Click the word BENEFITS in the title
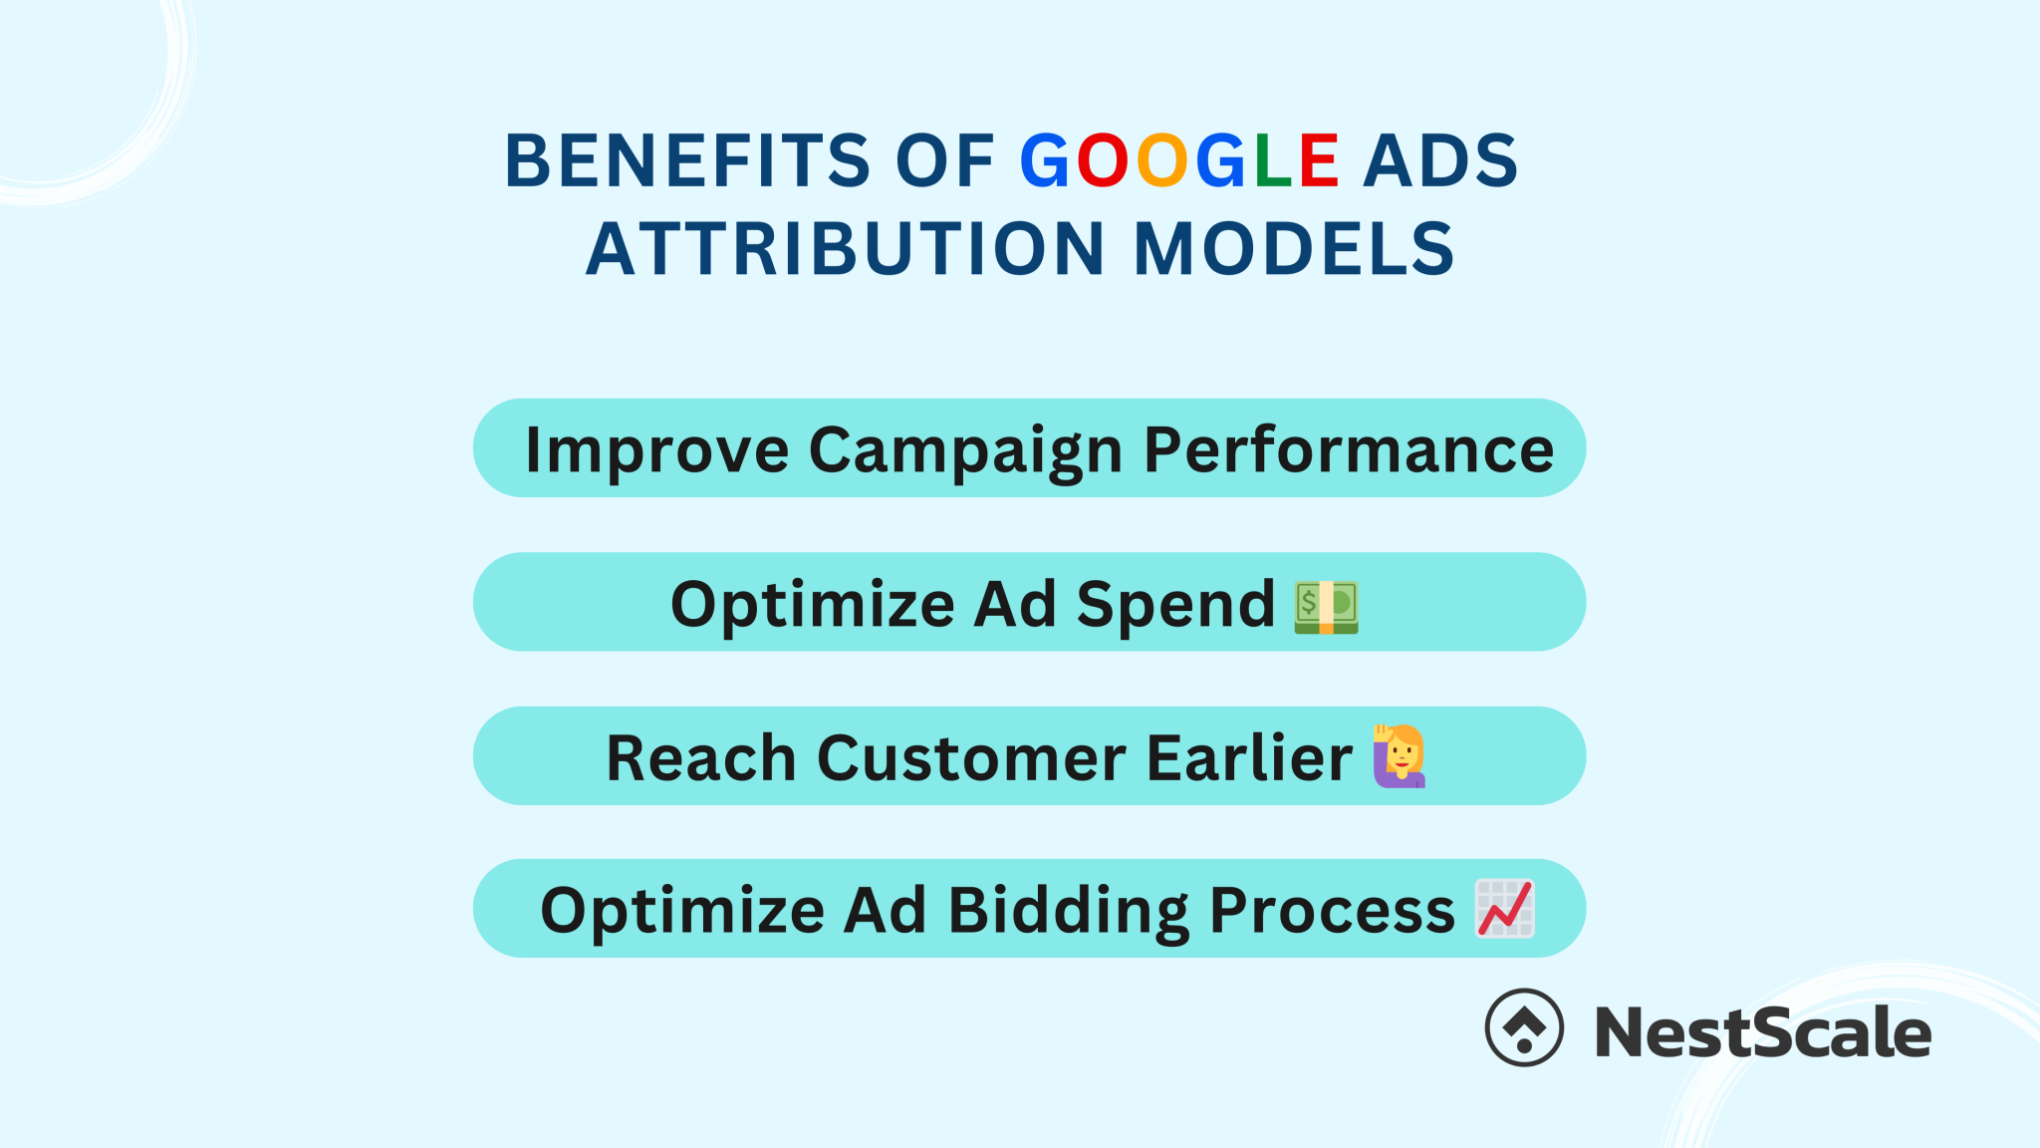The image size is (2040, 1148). click(x=687, y=160)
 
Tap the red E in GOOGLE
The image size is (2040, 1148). click(x=1319, y=160)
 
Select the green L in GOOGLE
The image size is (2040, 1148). click(x=1274, y=160)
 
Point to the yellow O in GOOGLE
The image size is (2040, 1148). click(x=1162, y=160)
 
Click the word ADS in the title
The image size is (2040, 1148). click(x=1439, y=160)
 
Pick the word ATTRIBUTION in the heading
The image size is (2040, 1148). click(x=845, y=249)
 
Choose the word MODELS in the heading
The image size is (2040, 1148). click(x=1294, y=249)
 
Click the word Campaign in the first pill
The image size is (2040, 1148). click(x=965, y=450)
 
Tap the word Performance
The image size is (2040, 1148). click(x=1349, y=450)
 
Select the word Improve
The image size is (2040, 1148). click(x=657, y=450)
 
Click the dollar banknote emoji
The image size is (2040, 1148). click(x=1326, y=607)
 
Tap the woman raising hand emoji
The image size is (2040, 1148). click(x=1400, y=756)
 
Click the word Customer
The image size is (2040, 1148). click(x=972, y=758)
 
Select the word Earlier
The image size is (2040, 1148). click(x=1249, y=758)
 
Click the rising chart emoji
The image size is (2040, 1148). click(x=1504, y=908)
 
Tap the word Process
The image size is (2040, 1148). click(x=1332, y=911)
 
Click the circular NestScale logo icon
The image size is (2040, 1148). click(x=1524, y=1027)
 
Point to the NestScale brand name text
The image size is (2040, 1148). click(x=1762, y=1032)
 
